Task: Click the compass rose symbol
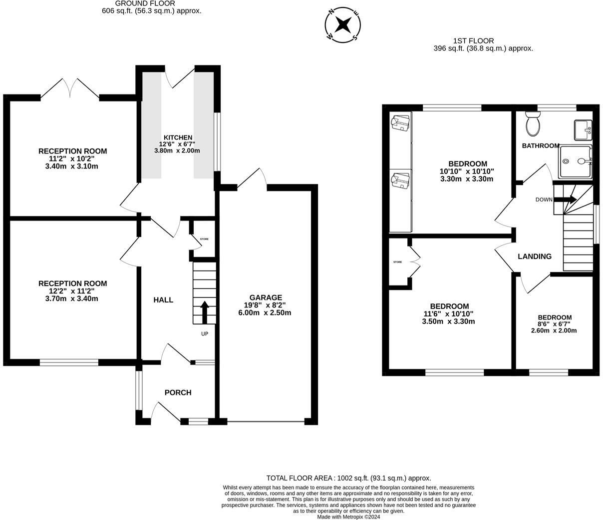click(x=342, y=25)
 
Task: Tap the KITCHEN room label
click(x=178, y=137)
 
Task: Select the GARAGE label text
click(x=266, y=297)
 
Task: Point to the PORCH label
click(x=178, y=392)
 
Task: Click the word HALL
click(x=163, y=299)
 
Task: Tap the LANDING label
click(x=535, y=256)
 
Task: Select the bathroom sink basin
click(x=583, y=130)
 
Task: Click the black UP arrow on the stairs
click(x=205, y=312)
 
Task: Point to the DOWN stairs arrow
click(x=565, y=199)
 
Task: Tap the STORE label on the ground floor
click(x=204, y=239)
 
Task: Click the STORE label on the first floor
click(x=398, y=262)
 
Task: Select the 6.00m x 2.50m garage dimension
click(x=265, y=313)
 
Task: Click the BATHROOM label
click(x=541, y=145)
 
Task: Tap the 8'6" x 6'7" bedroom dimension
click(x=554, y=323)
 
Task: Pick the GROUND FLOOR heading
click(x=145, y=3)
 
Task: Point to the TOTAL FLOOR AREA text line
click(x=348, y=478)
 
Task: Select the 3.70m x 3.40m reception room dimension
click(x=71, y=298)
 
